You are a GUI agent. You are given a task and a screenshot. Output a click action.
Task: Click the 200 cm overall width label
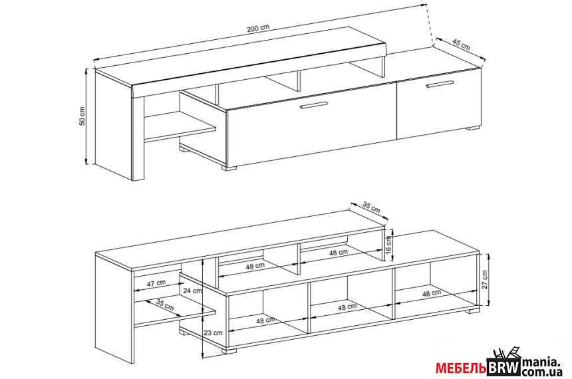pos(258,29)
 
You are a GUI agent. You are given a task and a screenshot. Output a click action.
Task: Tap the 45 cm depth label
pos(460,45)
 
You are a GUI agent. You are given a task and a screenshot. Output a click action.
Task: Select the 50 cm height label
pos(82,116)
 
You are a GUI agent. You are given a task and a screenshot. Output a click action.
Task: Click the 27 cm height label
pos(485,280)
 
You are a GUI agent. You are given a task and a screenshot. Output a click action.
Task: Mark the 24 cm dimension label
pos(192,291)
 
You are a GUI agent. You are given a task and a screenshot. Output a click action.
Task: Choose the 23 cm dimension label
pos(192,332)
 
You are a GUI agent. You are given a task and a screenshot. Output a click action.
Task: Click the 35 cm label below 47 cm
pos(165,305)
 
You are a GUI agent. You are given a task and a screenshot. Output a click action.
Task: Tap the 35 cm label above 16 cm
pos(371,207)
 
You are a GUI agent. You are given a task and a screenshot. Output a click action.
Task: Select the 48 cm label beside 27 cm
pos(430,293)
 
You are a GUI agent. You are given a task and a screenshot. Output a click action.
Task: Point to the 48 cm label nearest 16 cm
pos(338,253)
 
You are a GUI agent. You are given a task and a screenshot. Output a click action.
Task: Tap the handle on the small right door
pos(440,84)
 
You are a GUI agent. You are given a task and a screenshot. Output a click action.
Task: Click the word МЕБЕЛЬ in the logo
pos(461,368)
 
